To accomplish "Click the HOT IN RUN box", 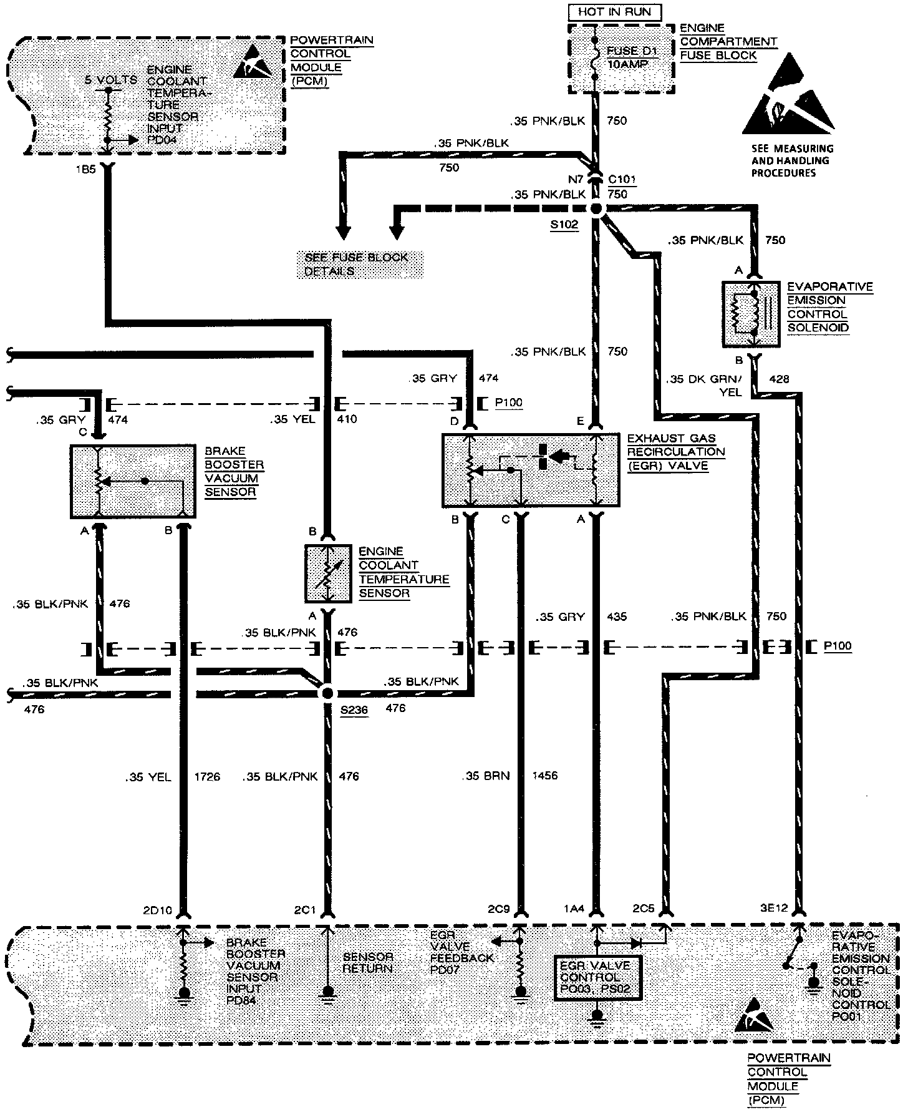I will (614, 12).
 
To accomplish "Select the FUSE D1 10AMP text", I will (631, 57).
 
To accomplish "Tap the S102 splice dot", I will (596, 209).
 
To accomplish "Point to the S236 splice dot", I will (326, 693).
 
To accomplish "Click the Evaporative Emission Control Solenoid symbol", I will (750, 315).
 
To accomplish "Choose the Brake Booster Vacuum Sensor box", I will (133, 481).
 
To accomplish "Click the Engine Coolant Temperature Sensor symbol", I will (326, 574).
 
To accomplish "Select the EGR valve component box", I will (531, 471).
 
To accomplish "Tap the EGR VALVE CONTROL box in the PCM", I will (598, 977).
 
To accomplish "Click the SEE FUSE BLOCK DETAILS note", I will (359, 265).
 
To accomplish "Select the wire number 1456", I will (545, 776).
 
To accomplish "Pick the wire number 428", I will (780, 379).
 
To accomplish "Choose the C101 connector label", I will (622, 180).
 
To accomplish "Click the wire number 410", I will (347, 419).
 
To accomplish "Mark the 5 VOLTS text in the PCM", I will (110, 79).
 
